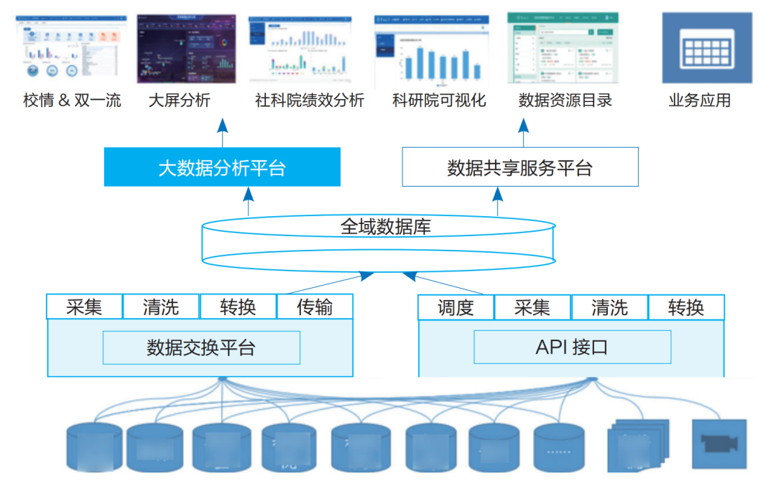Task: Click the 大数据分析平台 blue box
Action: point(222,167)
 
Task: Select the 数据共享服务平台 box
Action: point(519,167)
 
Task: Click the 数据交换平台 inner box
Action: point(201,348)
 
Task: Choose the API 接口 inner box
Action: point(572,347)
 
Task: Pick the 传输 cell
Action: point(315,307)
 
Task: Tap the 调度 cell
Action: point(456,308)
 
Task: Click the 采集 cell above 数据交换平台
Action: point(84,307)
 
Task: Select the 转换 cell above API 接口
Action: point(685,308)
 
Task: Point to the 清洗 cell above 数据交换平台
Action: point(161,307)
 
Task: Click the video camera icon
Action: point(719,444)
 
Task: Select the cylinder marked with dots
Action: point(558,447)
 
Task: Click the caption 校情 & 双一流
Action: point(72,101)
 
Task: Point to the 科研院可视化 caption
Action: point(439,101)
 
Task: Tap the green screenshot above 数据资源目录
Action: point(562,49)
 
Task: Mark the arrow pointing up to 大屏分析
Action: point(222,131)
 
